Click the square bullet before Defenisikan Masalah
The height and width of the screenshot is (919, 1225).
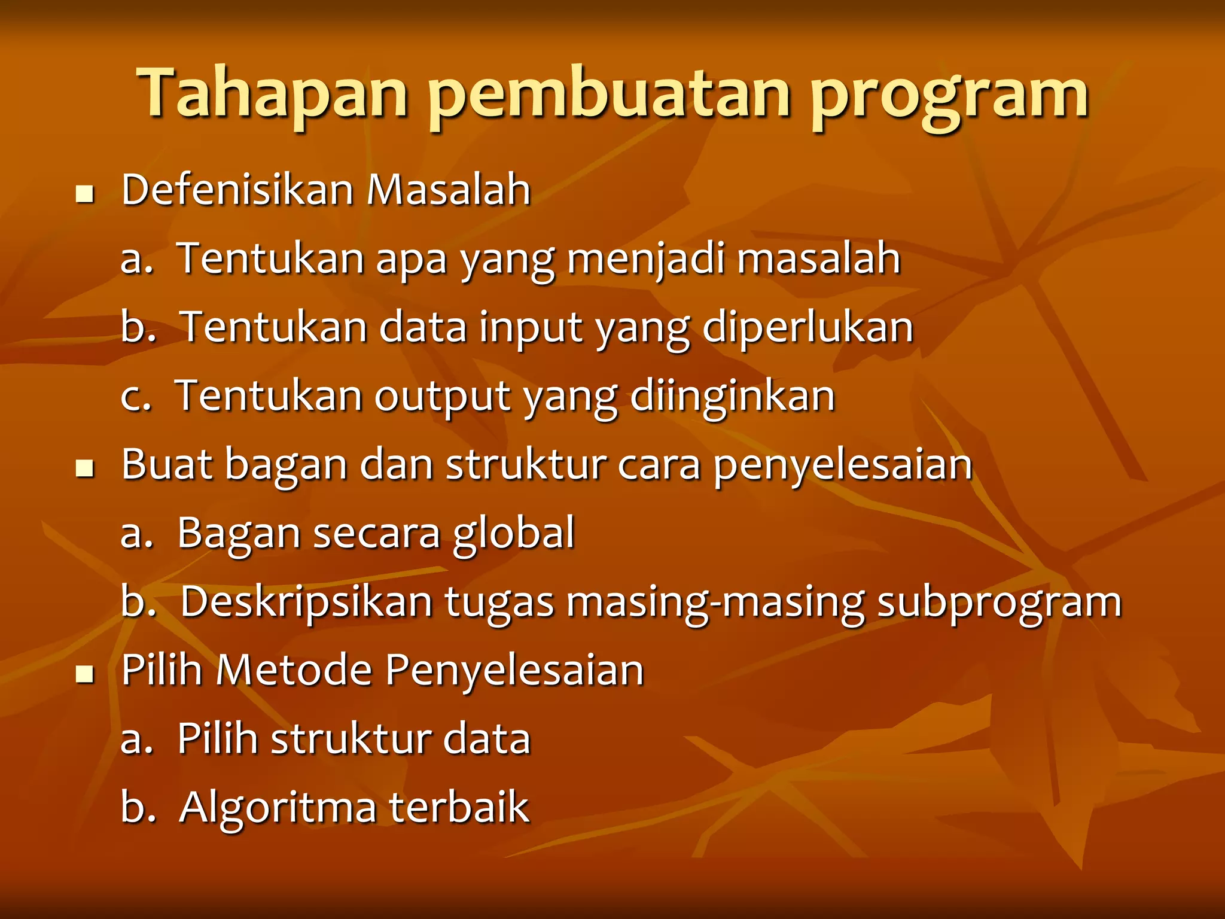click(86, 195)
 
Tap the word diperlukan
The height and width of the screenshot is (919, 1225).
click(807, 328)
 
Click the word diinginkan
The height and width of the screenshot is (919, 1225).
click(732, 397)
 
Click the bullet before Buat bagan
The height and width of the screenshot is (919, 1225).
click(86, 469)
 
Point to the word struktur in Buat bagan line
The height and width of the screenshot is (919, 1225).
click(526, 465)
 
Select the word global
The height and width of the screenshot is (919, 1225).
click(514, 534)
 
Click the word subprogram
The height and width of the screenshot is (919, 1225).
click(999, 602)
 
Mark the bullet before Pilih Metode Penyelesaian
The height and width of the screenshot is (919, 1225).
click(86, 675)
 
